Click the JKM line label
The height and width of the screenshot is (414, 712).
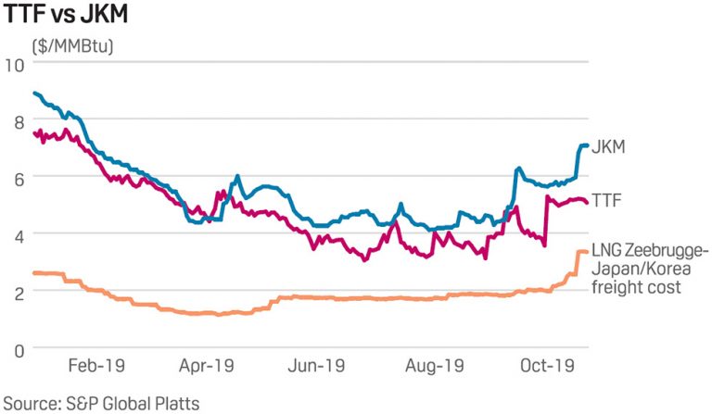[x=610, y=146]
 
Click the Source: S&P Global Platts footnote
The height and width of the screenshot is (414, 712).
[x=100, y=402]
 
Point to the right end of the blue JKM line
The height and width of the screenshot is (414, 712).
[x=587, y=145]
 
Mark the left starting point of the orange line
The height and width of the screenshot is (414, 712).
[x=33, y=272]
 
